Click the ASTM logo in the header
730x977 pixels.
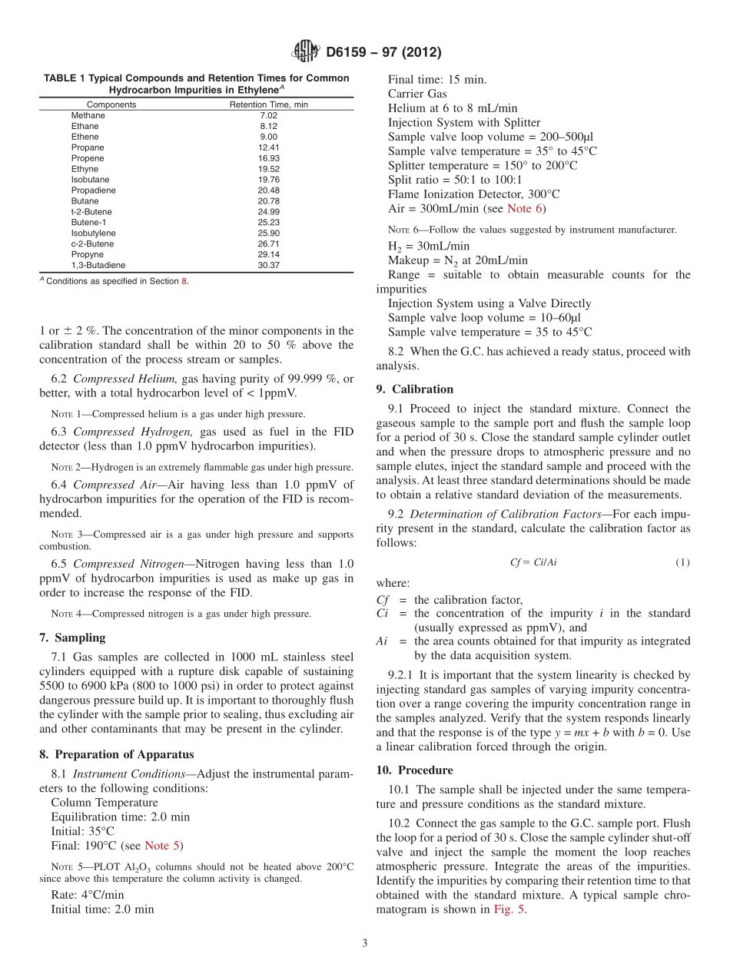(x=306, y=52)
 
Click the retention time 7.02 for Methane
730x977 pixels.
(x=268, y=115)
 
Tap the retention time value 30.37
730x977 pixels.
(x=268, y=265)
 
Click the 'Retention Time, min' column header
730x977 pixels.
(x=268, y=104)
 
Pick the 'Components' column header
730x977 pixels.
(x=111, y=104)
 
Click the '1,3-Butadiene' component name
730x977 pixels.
(x=98, y=265)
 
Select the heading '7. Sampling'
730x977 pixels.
(x=72, y=638)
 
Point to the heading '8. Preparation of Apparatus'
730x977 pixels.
(x=116, y=754)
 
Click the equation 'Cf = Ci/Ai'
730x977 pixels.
(x=533, y=562)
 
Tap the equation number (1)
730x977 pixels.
(x=682, y=562)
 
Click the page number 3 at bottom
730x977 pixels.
(x=365, y=943)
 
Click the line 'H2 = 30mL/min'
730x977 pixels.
(x=428, y=247)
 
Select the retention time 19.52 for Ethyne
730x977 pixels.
(x=268, y=168)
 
